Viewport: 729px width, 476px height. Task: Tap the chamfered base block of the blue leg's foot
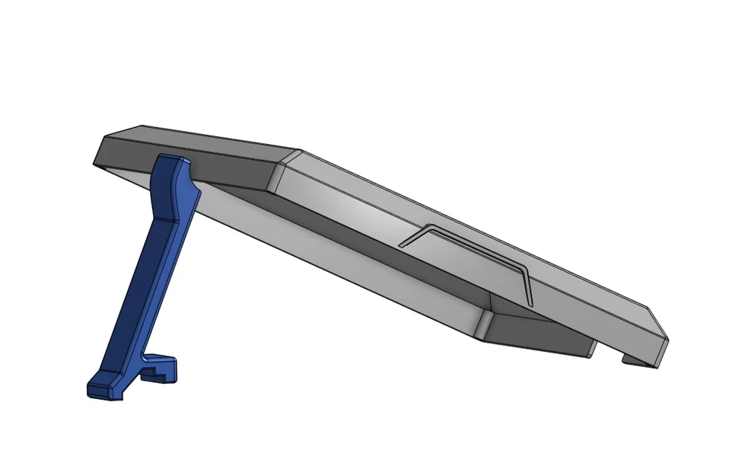(x=106, y=388)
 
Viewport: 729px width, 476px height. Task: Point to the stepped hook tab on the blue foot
(x=163, y=369)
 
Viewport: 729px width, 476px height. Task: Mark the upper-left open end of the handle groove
(x=401, y=245)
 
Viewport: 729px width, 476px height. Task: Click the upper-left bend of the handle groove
(x=431, y=226)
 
